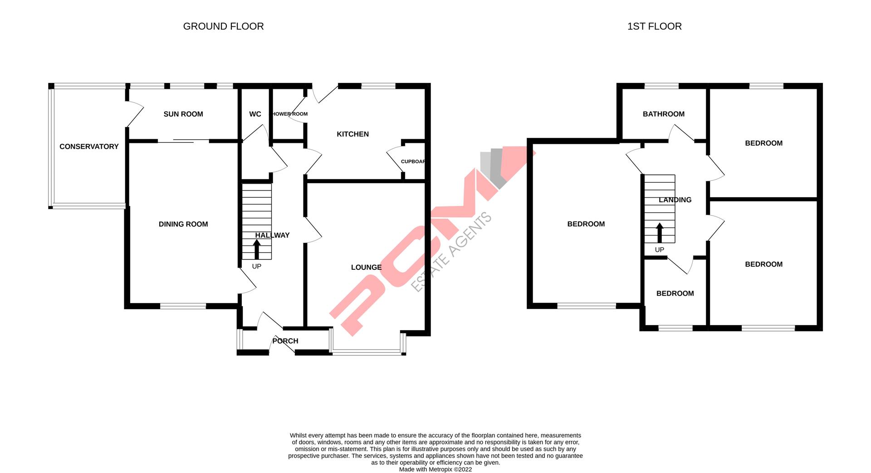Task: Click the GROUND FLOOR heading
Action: (223, 26)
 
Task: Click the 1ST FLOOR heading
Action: (654, 26)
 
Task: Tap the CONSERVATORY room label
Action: (89, 146)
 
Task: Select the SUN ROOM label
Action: (183, 114)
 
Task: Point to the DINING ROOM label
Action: (183, 224)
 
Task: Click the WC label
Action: (255, 114)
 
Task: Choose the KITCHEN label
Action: (352, 134)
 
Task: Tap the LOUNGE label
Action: (366, 268)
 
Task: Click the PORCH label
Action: (285, 341)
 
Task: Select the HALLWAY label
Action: (272, 235)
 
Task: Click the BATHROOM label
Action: (663, 114)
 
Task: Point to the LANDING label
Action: (675, 200)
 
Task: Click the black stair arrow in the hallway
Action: (257, 249)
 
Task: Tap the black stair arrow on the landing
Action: (660, 233)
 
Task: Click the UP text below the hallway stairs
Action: (257, 267)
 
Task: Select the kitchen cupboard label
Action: (413, 161)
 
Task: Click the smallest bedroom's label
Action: (675, 293)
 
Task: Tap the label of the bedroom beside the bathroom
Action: (763, 143)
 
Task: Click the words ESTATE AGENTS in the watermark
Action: (451, 252)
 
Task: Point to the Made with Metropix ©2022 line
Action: (435, 470)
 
